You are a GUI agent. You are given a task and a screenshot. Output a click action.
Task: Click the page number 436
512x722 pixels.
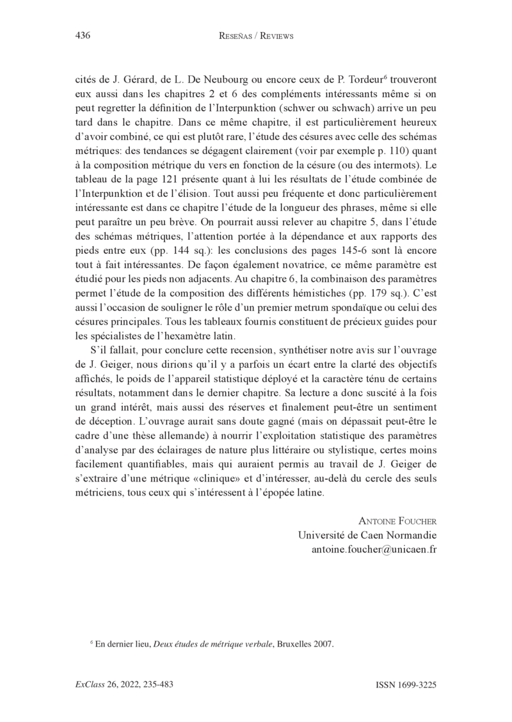[82, 36]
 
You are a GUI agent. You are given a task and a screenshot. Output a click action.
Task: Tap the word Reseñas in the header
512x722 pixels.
[237, 36]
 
